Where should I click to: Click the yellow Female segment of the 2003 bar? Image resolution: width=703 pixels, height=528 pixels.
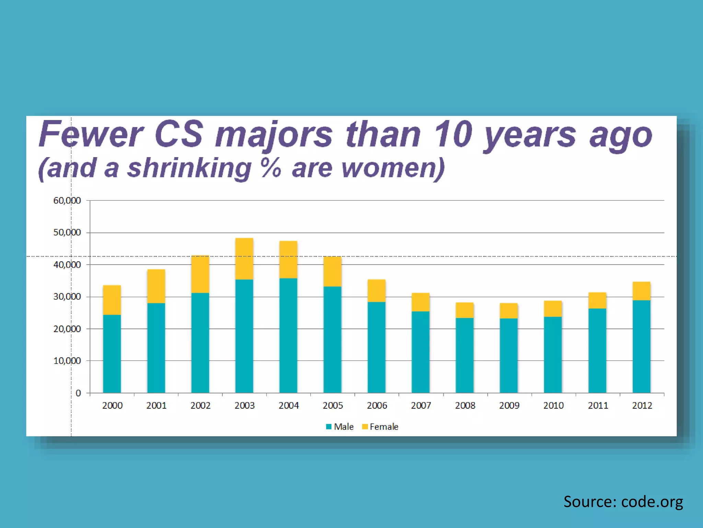click(244, 258)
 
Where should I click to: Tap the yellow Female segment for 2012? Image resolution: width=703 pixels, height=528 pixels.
click(641, 291)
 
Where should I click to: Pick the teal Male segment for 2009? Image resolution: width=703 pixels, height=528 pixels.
click(509, 355)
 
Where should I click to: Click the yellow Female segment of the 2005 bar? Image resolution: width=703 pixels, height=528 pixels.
click(332, 271)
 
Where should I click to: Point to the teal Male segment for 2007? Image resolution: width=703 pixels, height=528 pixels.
click(420, 352)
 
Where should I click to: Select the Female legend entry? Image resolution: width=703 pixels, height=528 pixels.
click(380, 427)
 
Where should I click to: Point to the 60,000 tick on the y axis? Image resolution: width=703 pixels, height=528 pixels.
click(67, 200)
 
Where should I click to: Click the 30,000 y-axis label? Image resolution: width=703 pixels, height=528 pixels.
click(67, 297)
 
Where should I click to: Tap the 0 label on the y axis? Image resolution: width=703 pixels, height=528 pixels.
click(78, 393)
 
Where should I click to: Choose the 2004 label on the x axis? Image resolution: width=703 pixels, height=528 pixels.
click(288, 406)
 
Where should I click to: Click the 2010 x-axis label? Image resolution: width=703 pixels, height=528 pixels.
click(553, 406)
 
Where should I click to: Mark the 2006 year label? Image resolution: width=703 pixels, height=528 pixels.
click(377, 406)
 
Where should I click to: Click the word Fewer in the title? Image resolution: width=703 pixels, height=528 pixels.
click(91, 134)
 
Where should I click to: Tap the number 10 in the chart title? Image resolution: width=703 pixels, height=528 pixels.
click(453, 134)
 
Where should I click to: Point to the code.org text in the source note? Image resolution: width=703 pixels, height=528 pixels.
click(652, 502)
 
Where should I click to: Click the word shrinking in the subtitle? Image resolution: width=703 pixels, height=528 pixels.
click(189, 168)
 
